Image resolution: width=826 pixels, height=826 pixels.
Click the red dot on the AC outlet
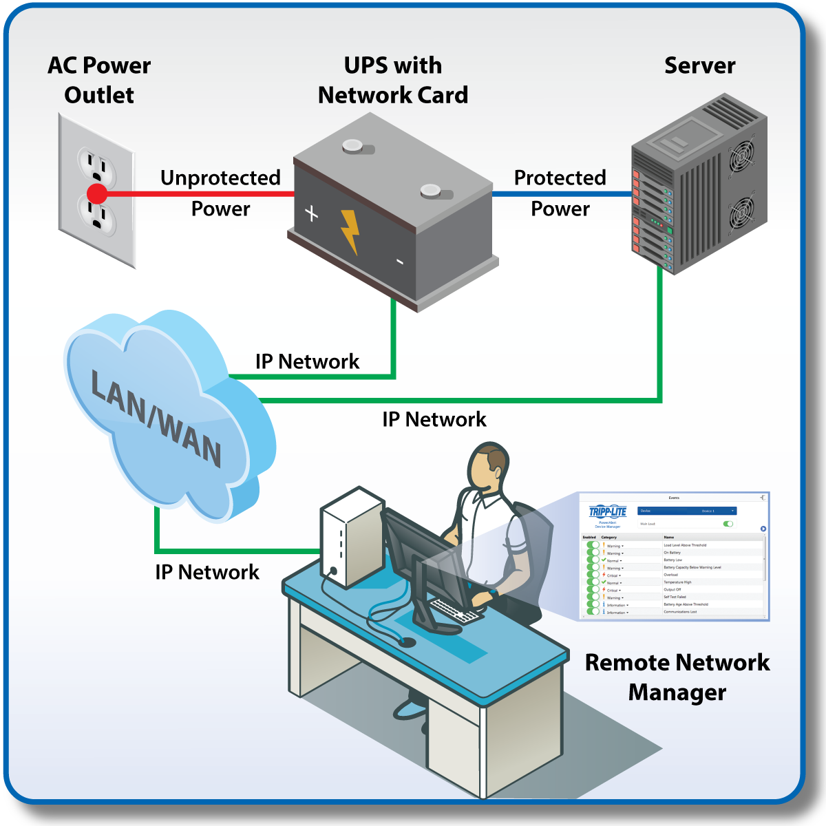click(x=97, y=193)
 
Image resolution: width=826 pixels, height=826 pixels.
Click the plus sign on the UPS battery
click(x=312, y=213)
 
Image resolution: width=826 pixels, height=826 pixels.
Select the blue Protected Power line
click(x=561, y=193)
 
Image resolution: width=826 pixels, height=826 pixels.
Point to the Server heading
click(x=699, y=65)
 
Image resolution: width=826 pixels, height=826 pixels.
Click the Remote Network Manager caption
click(x=677, y=677)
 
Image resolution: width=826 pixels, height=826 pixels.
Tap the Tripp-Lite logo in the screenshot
click(x=608, y=511)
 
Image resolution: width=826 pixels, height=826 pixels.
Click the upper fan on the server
click(x=741, y=157)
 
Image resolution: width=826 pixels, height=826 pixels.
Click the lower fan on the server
click(x=741, y=214)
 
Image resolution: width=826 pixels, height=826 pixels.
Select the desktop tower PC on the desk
click(x=351, y=537)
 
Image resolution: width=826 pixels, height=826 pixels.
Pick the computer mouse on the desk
click(x=407, y=642)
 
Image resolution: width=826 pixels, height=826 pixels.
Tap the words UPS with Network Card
click(x=392, y=80)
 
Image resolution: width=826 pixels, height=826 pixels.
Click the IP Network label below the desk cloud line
click(x=206, y=572)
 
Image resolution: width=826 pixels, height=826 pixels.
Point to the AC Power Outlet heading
click(x=99, y=80)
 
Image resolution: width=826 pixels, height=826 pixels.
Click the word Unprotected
click(x=220, y=178)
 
